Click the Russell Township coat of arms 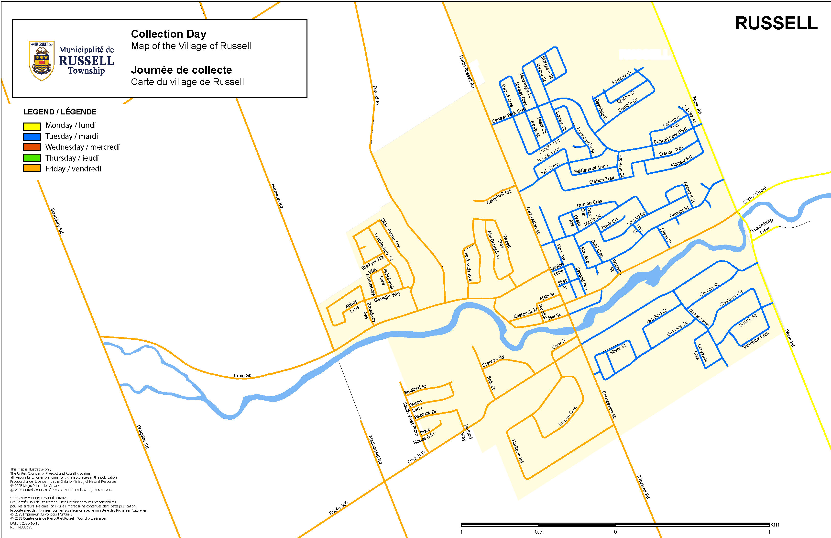tap(42, 60)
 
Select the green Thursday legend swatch tap(32, 158)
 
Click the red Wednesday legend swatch tap(32, 147)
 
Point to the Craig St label tap(242, 376)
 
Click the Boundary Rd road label tap(57, 221)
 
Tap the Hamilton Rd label tap(277, 196)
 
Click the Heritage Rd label tap(517, 451)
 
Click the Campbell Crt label tap(499, 197)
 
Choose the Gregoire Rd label tap(143, 437)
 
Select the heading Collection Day tap(169, 34)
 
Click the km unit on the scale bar tap(775, 524)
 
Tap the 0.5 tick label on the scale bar tap(538, 532)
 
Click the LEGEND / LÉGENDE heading tap(60, 112)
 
